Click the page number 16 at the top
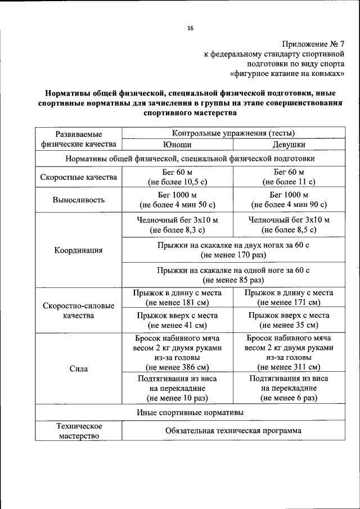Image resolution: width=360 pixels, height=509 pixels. click(x=190, y=29)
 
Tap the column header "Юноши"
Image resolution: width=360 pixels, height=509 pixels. click(x=177, y=145)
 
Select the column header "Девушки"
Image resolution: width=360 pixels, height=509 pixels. click(x=289, y=145)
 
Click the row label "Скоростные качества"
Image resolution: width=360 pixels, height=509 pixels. click(x=79, y=177)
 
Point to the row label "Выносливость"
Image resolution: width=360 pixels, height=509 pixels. click(x=79, y=200)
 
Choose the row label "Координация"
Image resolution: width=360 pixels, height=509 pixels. click(x=79, y=251)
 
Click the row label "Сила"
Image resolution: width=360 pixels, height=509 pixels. click(x=79, y=369)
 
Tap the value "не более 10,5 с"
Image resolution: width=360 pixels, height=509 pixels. click(x=177, y=182)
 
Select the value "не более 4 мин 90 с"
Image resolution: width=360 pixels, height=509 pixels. click(x=289, y=205)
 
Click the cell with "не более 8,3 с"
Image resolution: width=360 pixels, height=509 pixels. click(x=177, y=230)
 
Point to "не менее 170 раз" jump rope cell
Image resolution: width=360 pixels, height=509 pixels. click(x=233, y=255)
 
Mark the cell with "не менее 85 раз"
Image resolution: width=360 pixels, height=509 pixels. click(x=233, y=280)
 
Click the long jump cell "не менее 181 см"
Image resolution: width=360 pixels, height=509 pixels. click(x=177, y=303)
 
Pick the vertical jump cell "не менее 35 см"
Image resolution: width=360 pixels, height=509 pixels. click(x=289, y=325)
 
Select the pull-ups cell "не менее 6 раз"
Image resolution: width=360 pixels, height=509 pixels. click(x=289, y=398)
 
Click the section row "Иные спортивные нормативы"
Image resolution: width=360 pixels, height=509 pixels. click(x=190, y=412)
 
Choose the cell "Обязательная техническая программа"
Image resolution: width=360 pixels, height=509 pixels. click(x=233, y=431)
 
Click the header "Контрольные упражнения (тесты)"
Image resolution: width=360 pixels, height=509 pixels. click(x=233, y=133)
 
